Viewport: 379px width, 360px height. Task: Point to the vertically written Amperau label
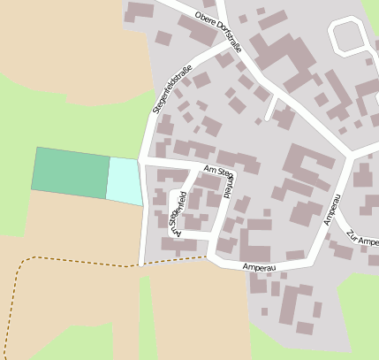tap(332, 210)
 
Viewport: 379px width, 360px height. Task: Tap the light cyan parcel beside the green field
tap(125, 180)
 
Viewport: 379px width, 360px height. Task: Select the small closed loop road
tap(350, 37)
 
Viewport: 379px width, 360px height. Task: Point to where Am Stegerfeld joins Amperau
tap(213, 257)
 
